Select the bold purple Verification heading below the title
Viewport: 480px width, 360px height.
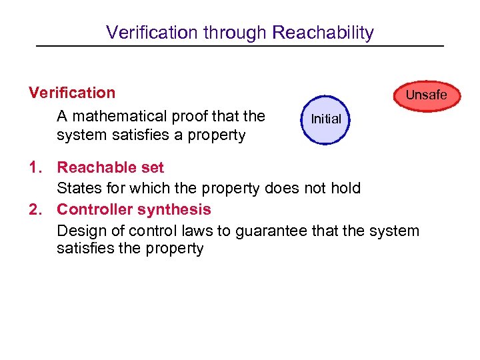[x=72, y=93]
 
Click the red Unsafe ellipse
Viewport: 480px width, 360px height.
[x=426, y=95]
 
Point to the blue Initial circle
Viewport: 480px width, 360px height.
[x=326, y=119]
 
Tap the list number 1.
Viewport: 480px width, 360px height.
[x=35, y=167]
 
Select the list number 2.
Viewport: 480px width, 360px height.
[x=35, y=209]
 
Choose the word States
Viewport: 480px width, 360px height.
[x=78, y=189]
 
